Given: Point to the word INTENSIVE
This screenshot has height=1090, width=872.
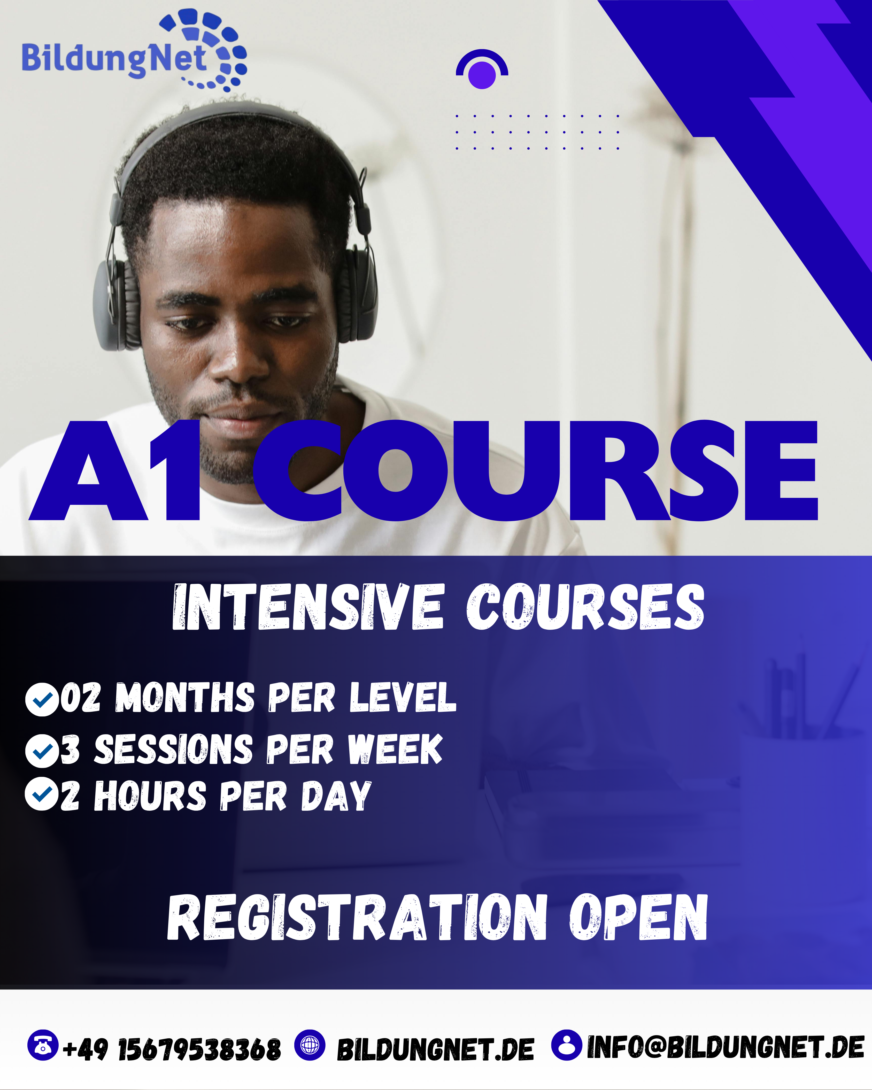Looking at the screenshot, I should click(308, 607).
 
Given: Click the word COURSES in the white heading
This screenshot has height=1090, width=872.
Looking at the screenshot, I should click(585, 607).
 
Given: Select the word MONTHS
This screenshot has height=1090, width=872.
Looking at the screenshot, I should click(184, 698).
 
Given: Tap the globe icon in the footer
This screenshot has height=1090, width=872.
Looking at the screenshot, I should click(309, 1045).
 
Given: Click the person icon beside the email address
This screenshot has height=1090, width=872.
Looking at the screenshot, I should click(566, 1045).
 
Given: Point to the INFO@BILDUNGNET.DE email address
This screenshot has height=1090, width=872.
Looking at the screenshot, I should click(726, 1048).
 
